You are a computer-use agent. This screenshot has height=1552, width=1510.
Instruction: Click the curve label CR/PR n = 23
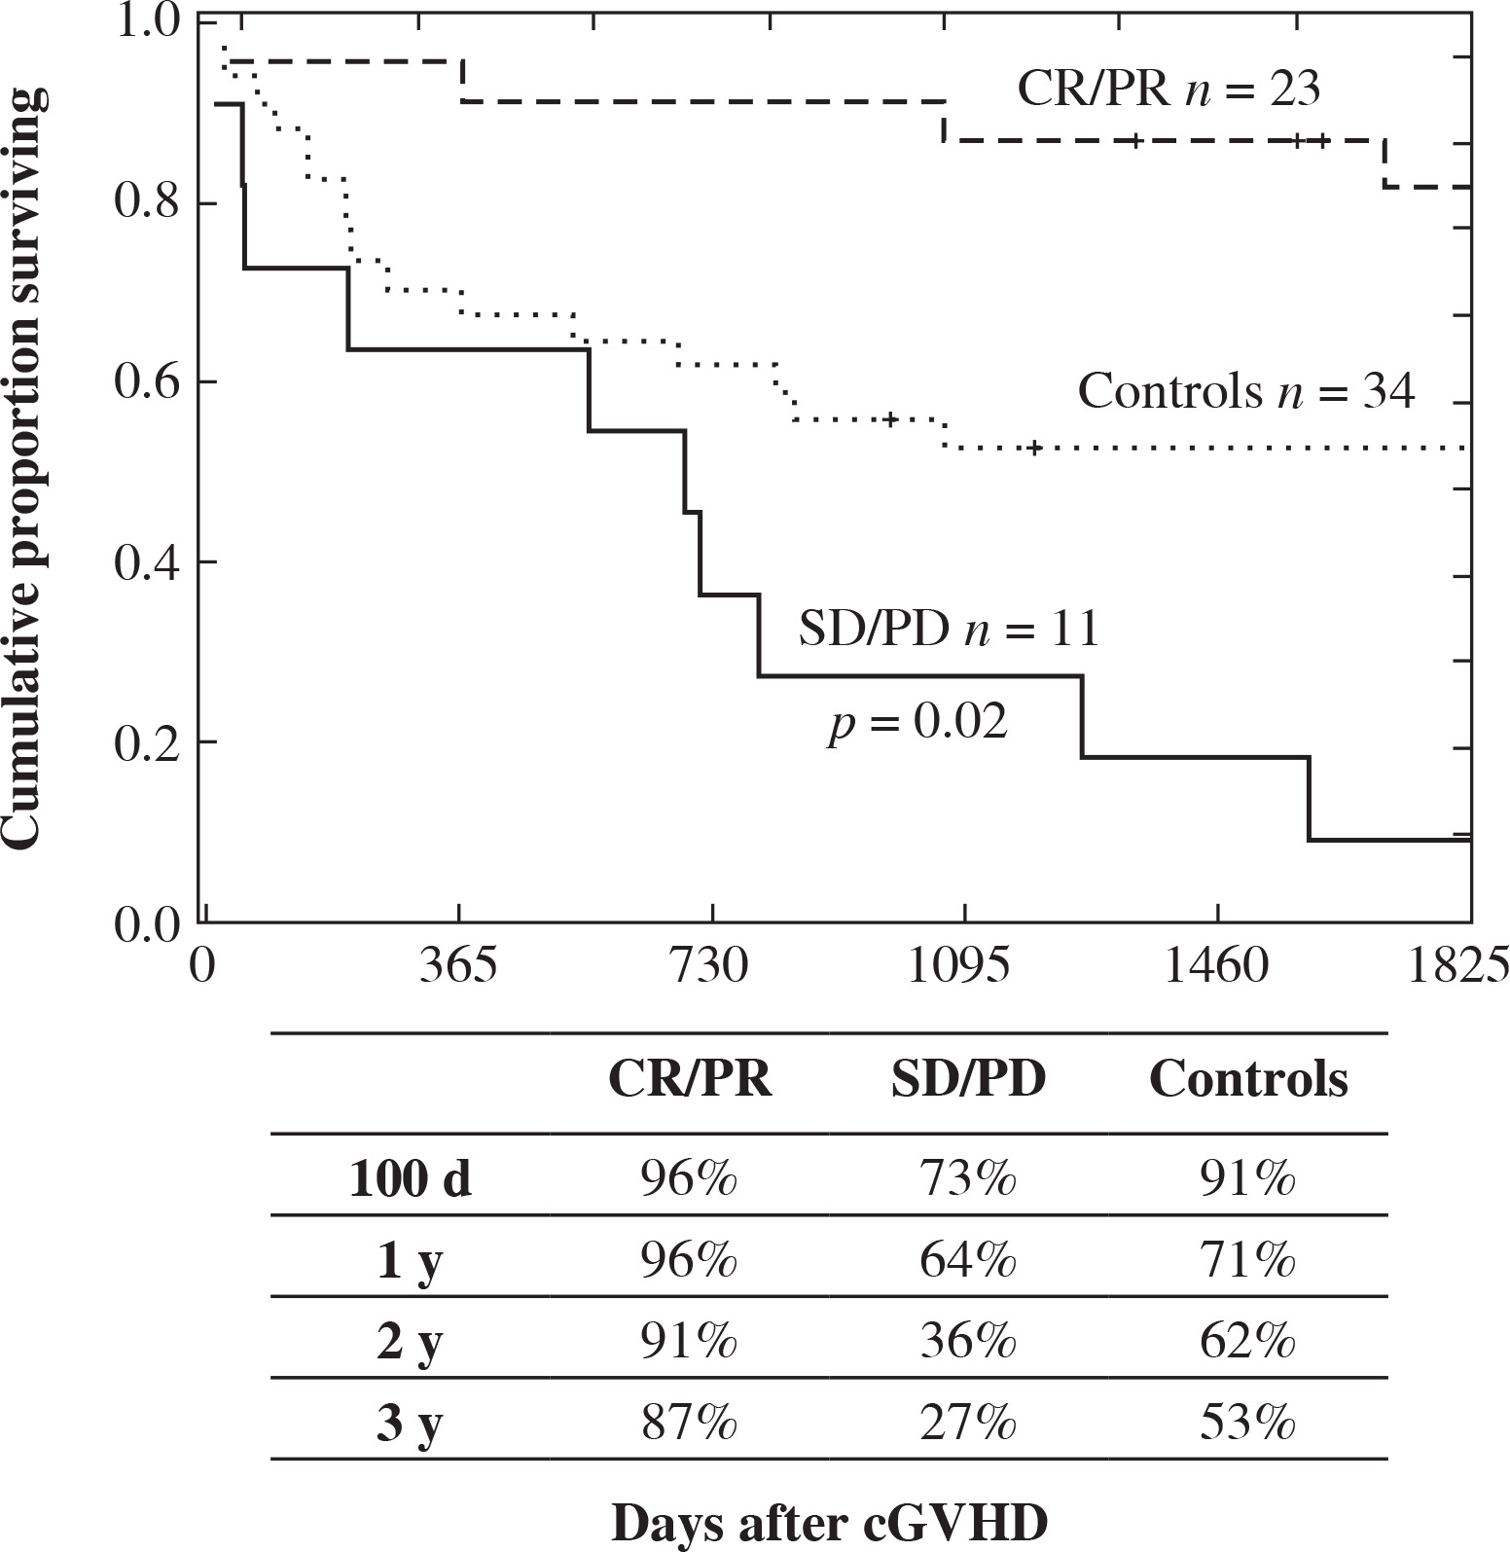point(1168,90)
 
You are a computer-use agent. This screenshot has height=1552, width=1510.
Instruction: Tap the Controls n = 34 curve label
point(1245,392)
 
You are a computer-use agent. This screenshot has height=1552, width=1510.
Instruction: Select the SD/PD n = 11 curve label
point(949,629)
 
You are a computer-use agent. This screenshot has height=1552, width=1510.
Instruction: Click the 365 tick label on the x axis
point(458,967)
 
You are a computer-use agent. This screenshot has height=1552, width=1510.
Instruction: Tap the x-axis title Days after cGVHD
point(829,1523)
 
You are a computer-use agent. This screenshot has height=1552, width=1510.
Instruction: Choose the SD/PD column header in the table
point(968,1080)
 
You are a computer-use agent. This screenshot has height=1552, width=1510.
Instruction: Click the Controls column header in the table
point(1248,1080)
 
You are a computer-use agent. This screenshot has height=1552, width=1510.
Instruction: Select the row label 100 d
point(410,1180)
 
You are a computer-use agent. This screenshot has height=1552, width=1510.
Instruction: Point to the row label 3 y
point(410,1426)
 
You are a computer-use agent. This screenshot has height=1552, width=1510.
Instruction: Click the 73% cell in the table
point(968,1180)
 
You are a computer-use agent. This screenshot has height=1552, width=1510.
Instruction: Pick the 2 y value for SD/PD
point(968,1344)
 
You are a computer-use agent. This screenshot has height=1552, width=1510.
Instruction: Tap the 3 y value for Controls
point(1248,1426)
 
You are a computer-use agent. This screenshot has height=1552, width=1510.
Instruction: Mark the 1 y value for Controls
point(1248,1262)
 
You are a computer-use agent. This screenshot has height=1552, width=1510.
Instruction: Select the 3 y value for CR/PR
point(689,1426)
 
